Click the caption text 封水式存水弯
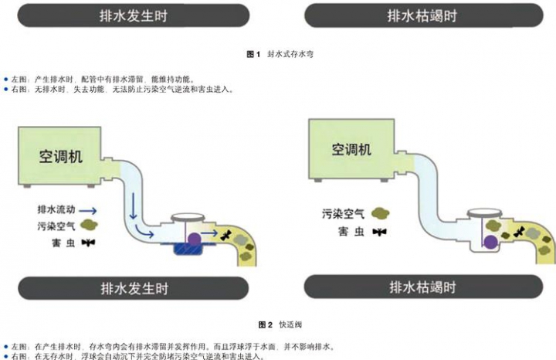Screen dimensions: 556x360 (290, 54)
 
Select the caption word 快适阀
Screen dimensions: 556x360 (290, 324)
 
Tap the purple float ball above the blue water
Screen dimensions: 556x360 (194, 239)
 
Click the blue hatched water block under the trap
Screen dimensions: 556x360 (188, 249)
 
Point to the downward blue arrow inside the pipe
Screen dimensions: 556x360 (134, 206)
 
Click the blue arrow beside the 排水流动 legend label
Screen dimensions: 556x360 (87, 211)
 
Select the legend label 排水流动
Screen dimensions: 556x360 (56, 209)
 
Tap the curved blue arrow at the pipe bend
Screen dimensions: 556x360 (144, 231)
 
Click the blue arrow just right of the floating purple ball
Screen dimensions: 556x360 (209, 233)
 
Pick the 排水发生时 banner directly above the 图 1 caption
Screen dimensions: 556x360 (134, 15)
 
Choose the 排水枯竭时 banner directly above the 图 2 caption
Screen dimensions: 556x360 (423, 287)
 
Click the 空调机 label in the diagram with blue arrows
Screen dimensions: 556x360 (61, 156)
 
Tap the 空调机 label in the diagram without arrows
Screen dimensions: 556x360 (351, 149)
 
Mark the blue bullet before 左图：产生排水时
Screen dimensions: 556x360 (5, 79)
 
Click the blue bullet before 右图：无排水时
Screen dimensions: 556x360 (5, 89)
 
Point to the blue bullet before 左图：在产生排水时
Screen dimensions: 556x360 (5, 347)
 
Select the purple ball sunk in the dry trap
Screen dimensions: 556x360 (491, 242)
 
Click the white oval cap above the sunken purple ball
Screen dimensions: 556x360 (484, 213)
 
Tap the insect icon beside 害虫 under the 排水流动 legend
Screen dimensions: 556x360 (88, 243)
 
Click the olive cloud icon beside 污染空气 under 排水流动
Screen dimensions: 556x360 (89, 225)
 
